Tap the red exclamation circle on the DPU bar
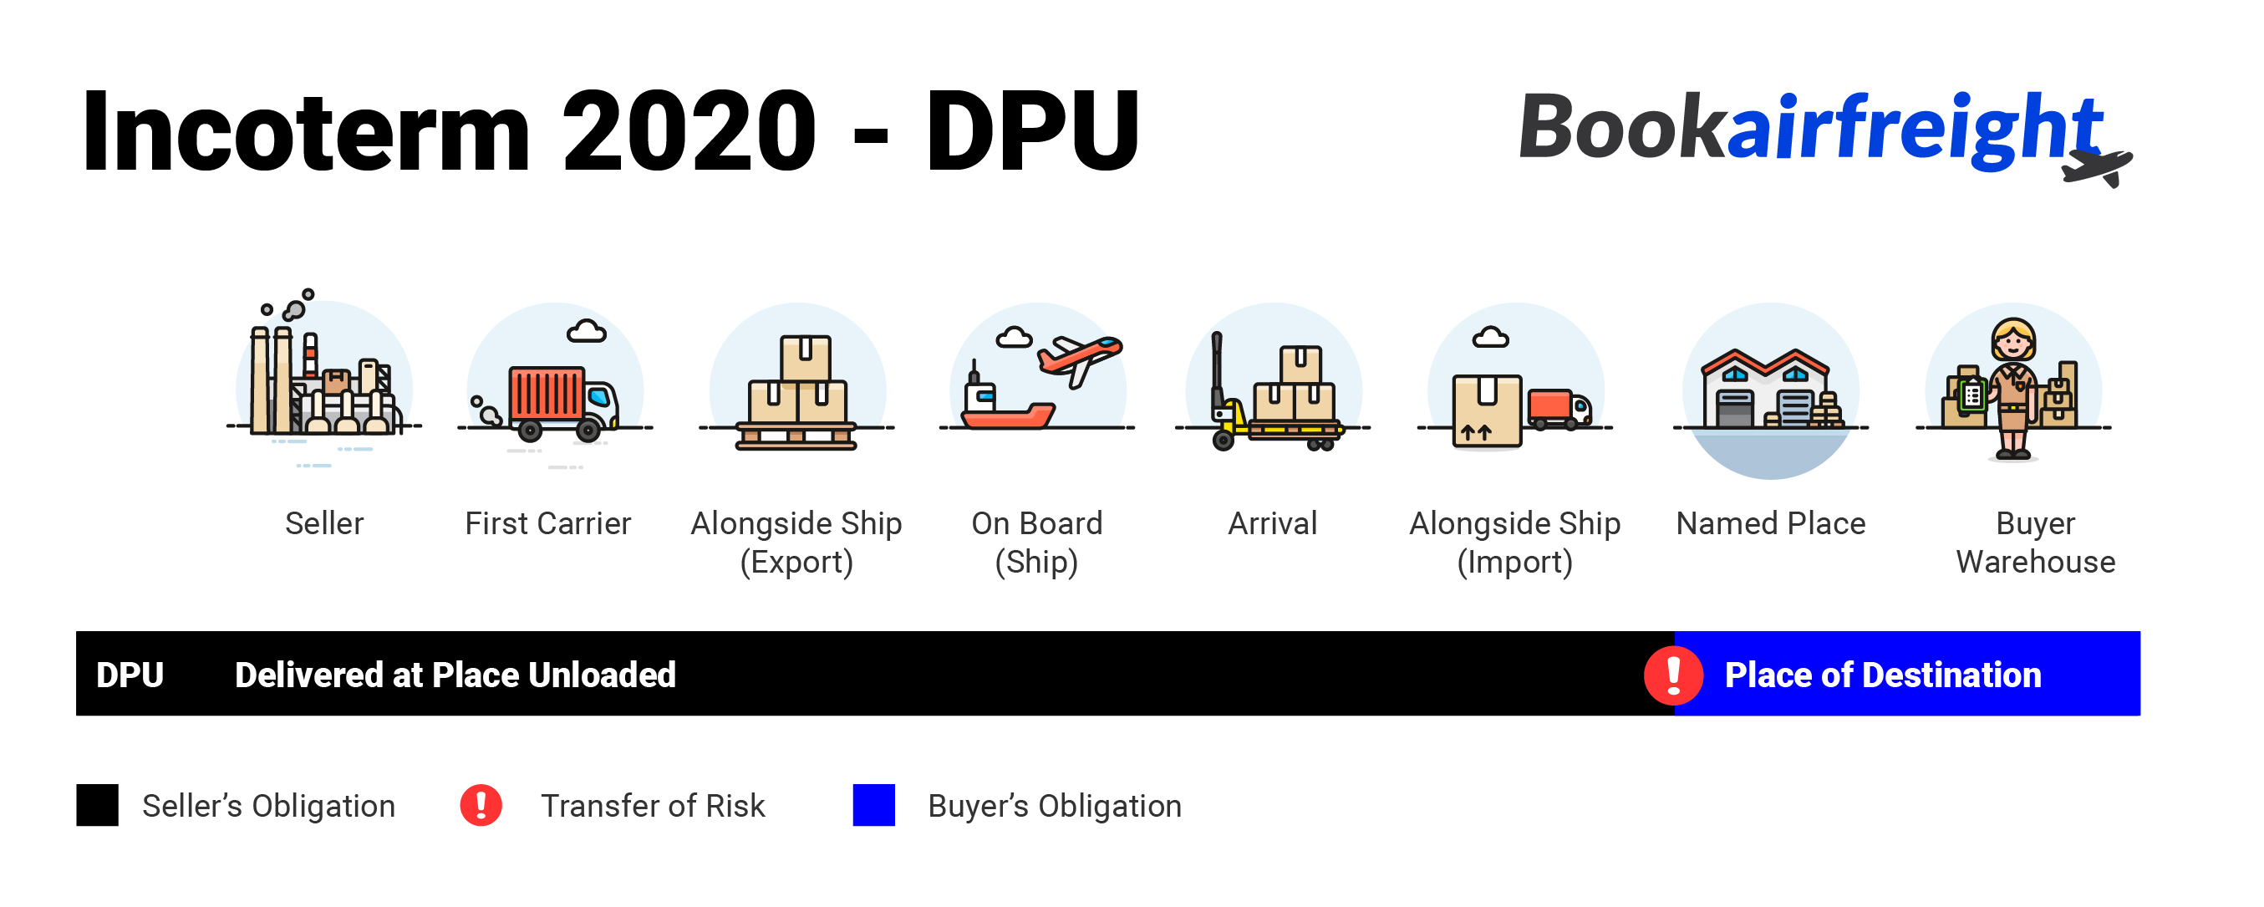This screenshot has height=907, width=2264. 1673,675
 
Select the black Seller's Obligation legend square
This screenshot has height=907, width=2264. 97,805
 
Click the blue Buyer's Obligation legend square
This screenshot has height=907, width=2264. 873,805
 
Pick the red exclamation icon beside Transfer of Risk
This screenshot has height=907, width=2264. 481,805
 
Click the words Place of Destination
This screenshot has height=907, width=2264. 1883,675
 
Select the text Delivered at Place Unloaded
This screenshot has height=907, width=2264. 455,675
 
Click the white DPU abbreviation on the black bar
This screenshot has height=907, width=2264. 130,675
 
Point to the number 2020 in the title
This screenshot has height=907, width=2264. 689,132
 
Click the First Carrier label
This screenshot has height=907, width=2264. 547,524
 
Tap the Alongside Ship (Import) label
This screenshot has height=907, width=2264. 1514,543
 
